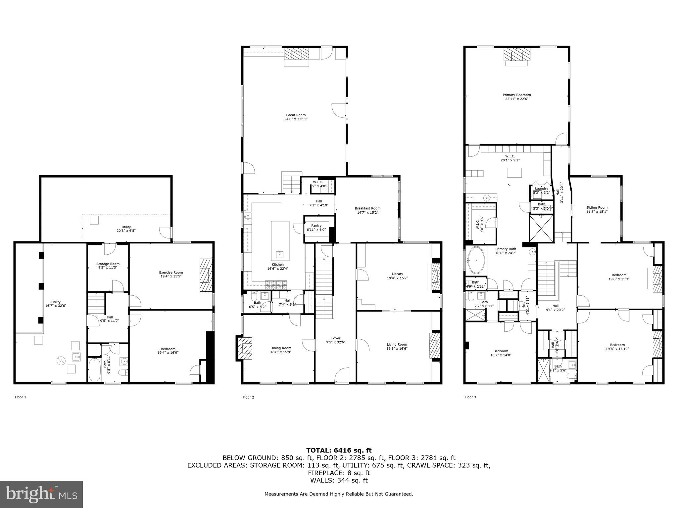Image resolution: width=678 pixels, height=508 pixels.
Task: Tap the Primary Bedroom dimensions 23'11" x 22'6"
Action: click(516, 99)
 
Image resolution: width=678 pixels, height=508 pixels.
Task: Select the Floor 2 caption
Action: click(248, 397)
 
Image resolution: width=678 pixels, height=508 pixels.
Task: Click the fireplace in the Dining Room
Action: click(245, 348)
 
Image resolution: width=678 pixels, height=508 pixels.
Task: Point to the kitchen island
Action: click(280, 240)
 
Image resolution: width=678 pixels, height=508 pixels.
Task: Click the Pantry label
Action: click(316, 226)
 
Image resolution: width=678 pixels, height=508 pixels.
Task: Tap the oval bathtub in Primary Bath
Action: click(476, 260)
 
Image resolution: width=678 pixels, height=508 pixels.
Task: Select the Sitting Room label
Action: click(597, 208)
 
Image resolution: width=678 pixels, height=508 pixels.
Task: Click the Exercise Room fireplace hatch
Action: click(206, 275)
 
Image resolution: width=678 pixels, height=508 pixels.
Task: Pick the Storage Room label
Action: click(108, 264)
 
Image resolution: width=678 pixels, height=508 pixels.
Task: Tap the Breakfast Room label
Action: click(367, 208)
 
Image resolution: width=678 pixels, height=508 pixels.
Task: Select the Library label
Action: click(397, 274)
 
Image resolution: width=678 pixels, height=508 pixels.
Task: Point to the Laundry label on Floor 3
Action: click(542, 189)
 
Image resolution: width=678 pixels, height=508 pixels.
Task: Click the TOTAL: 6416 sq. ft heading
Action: click(339, 450)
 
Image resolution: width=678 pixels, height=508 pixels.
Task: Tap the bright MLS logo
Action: click(41, 494)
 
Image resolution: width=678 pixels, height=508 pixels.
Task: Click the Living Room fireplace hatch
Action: click(434, 346)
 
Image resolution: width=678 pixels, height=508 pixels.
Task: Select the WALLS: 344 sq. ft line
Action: click(339, 481)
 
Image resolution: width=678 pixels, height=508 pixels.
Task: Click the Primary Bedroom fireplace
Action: click(516, 55)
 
